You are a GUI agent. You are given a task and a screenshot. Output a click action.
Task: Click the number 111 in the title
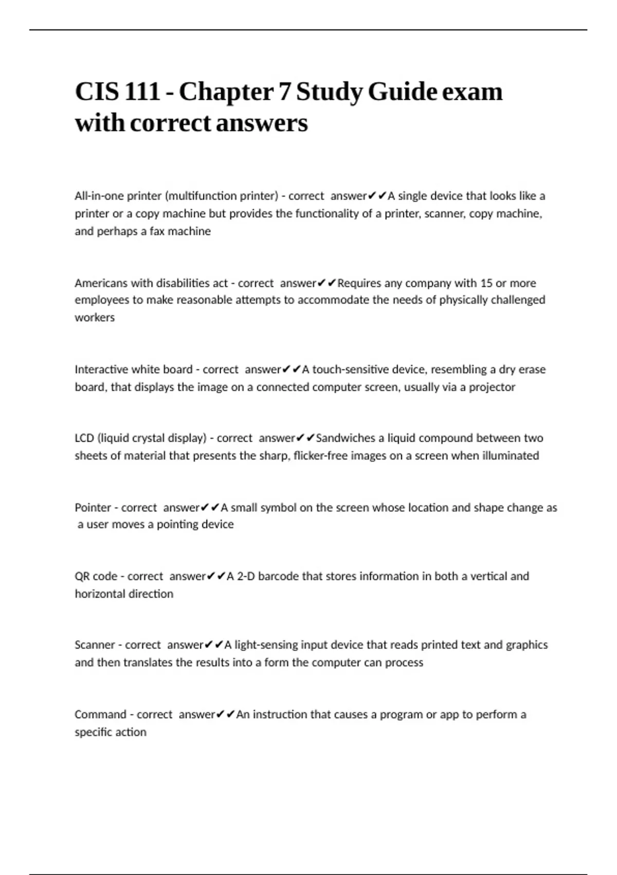[142, 92]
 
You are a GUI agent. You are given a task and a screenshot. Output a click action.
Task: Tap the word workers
[95, 318]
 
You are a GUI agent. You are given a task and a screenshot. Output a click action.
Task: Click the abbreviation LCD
[84, 438]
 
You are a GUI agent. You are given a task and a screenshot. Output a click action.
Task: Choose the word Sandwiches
[346, 438]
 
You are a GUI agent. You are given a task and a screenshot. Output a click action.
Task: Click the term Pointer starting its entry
[93, 507]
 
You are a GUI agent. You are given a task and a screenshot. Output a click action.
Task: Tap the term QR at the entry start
[82, 576]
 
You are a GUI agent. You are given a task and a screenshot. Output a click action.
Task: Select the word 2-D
[246, 576]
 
